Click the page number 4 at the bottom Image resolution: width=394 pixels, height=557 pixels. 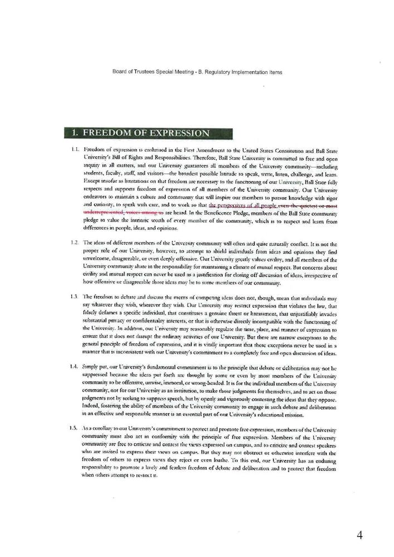coord(359,535)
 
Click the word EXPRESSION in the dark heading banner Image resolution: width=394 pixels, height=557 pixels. coord(177,133)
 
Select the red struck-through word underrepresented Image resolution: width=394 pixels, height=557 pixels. coord(103,213)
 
